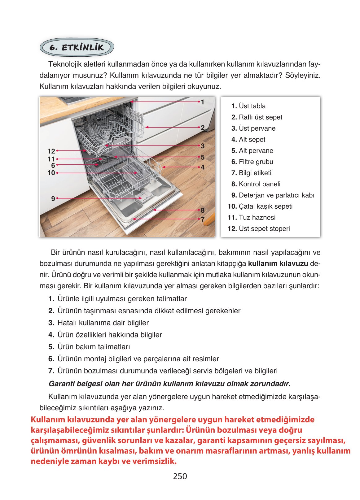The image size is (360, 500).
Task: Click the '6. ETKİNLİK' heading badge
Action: tap(77, 47)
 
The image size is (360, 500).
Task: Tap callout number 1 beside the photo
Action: tap(202, 102)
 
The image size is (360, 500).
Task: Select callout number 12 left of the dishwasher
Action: tap(51, 151)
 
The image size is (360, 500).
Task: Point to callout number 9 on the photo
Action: tap(53, 198)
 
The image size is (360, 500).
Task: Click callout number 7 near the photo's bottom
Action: tap(202, 219)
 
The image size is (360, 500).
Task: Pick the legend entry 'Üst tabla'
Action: tap(248, 106)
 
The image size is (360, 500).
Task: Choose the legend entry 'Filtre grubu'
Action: tap(252, 162)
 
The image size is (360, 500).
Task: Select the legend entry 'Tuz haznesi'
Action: tap(252, 217)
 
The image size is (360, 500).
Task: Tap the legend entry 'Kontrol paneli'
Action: tap(256, 184)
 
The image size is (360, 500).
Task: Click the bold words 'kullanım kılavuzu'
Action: tap(278, 263)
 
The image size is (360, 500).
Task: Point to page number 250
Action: tap(180, 476)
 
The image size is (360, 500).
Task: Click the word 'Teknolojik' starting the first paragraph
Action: tap(65, 64)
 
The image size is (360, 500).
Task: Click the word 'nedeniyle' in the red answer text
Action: tap(50, 461)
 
